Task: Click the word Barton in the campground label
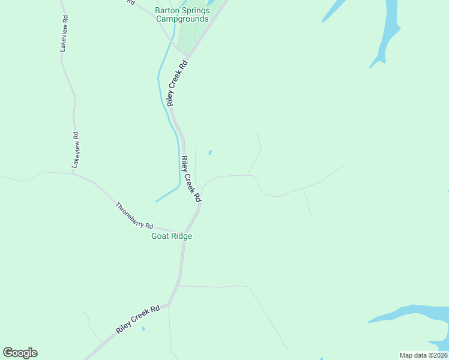(167, 10)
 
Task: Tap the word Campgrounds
(182, 19)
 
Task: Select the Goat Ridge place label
(171, 236)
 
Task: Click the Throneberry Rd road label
(134, 215)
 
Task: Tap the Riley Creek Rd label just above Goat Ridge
(191, 178)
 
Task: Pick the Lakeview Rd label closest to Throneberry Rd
(76, 149)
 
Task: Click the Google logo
(20, 353)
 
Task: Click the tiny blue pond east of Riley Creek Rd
(209, 152)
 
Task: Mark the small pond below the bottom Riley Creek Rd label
(143, 329)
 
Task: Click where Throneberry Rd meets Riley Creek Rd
(185, 232)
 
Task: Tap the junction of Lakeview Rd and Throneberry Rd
(73, 174)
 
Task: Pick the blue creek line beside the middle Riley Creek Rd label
(178, 162)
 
